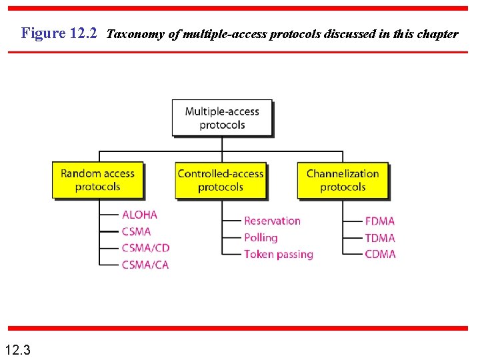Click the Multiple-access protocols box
[221, 118]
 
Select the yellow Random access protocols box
[97, 180]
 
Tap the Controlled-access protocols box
[220, 180]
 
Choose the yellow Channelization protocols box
[343, 180]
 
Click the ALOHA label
[139, 215]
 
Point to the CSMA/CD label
[145, 248]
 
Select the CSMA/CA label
[145, 265]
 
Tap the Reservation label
[272, 221]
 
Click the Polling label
[260, 237]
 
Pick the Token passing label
[278, 254]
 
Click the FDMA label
[380, 221]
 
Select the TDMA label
[380, 237]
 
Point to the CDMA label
[380, 254]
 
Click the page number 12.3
[17, 349]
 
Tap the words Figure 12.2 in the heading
[59, 33]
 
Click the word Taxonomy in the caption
[136, 33]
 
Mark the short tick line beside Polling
[231, 237]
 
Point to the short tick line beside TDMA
[353, 237]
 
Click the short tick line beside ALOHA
[109, 215]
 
